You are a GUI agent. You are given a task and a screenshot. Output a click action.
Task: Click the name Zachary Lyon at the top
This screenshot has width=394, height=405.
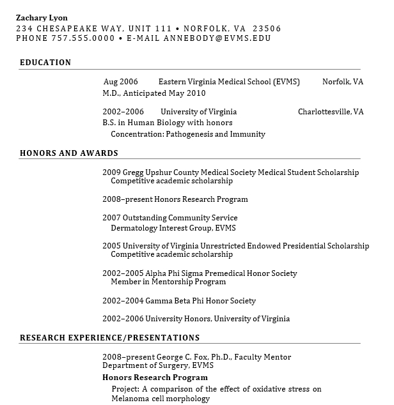tap(42, 18)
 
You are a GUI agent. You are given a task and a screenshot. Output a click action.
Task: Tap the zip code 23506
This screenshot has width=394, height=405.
tap(267, 28)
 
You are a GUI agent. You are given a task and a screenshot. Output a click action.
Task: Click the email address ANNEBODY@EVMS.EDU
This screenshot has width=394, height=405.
tap(217, 38)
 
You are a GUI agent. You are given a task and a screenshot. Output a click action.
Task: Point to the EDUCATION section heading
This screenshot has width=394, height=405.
tap(45, 63)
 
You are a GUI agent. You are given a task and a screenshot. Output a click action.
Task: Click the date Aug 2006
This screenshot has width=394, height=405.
tap(121, 82)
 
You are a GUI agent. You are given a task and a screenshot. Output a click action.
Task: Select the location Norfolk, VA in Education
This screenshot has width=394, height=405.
tap(342, 82)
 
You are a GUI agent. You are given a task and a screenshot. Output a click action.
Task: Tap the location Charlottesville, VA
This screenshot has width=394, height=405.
tap(330, 112)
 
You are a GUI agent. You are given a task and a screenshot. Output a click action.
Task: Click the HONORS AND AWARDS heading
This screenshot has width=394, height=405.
tap(69, 153)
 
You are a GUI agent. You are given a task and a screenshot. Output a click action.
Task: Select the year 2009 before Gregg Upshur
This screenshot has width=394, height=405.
tap(111, 172)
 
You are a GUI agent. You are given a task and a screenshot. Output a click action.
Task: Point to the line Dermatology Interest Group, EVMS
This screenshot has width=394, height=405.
tap(173, 228)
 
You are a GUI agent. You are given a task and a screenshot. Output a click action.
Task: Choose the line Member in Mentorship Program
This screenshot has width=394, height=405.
tap(168, 282)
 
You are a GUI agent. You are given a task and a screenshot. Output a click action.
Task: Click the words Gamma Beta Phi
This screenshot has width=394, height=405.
tap(170, 301)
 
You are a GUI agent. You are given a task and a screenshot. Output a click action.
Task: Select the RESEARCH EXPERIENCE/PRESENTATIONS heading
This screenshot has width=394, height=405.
tap(109, 338)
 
